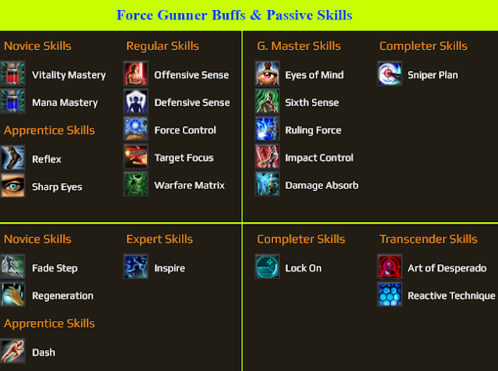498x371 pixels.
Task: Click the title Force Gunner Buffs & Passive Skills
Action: click(x=234, y=15)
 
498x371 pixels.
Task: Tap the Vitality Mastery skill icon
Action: click(x=12, y=75)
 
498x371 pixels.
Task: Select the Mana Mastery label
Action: click(x=65, y=103)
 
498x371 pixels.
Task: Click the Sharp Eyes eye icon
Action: click(x=12, y=186)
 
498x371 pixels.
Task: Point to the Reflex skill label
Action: click(x=47, y=159)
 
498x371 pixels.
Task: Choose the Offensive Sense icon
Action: click(x=135, y=75)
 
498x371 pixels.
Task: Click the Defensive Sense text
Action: click(x=191, y=103)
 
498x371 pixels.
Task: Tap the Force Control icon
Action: click(x=135, y=129)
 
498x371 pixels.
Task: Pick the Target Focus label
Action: click(x=184, y=157)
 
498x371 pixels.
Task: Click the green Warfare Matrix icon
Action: click(x=135, y=185)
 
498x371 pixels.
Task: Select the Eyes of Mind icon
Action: click(x=267, y=75)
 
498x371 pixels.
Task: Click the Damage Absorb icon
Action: click(x=267, y=185)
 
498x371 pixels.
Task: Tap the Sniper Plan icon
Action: click(x=389, y=75)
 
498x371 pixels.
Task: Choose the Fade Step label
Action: click(x=54, y=268)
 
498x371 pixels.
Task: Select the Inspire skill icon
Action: click(x=135, y=267)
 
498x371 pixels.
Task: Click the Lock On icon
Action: click(x=267, y=267)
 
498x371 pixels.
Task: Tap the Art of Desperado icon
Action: click(x=389, y=267)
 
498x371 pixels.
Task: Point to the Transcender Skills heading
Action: click(x=428, y=239)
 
